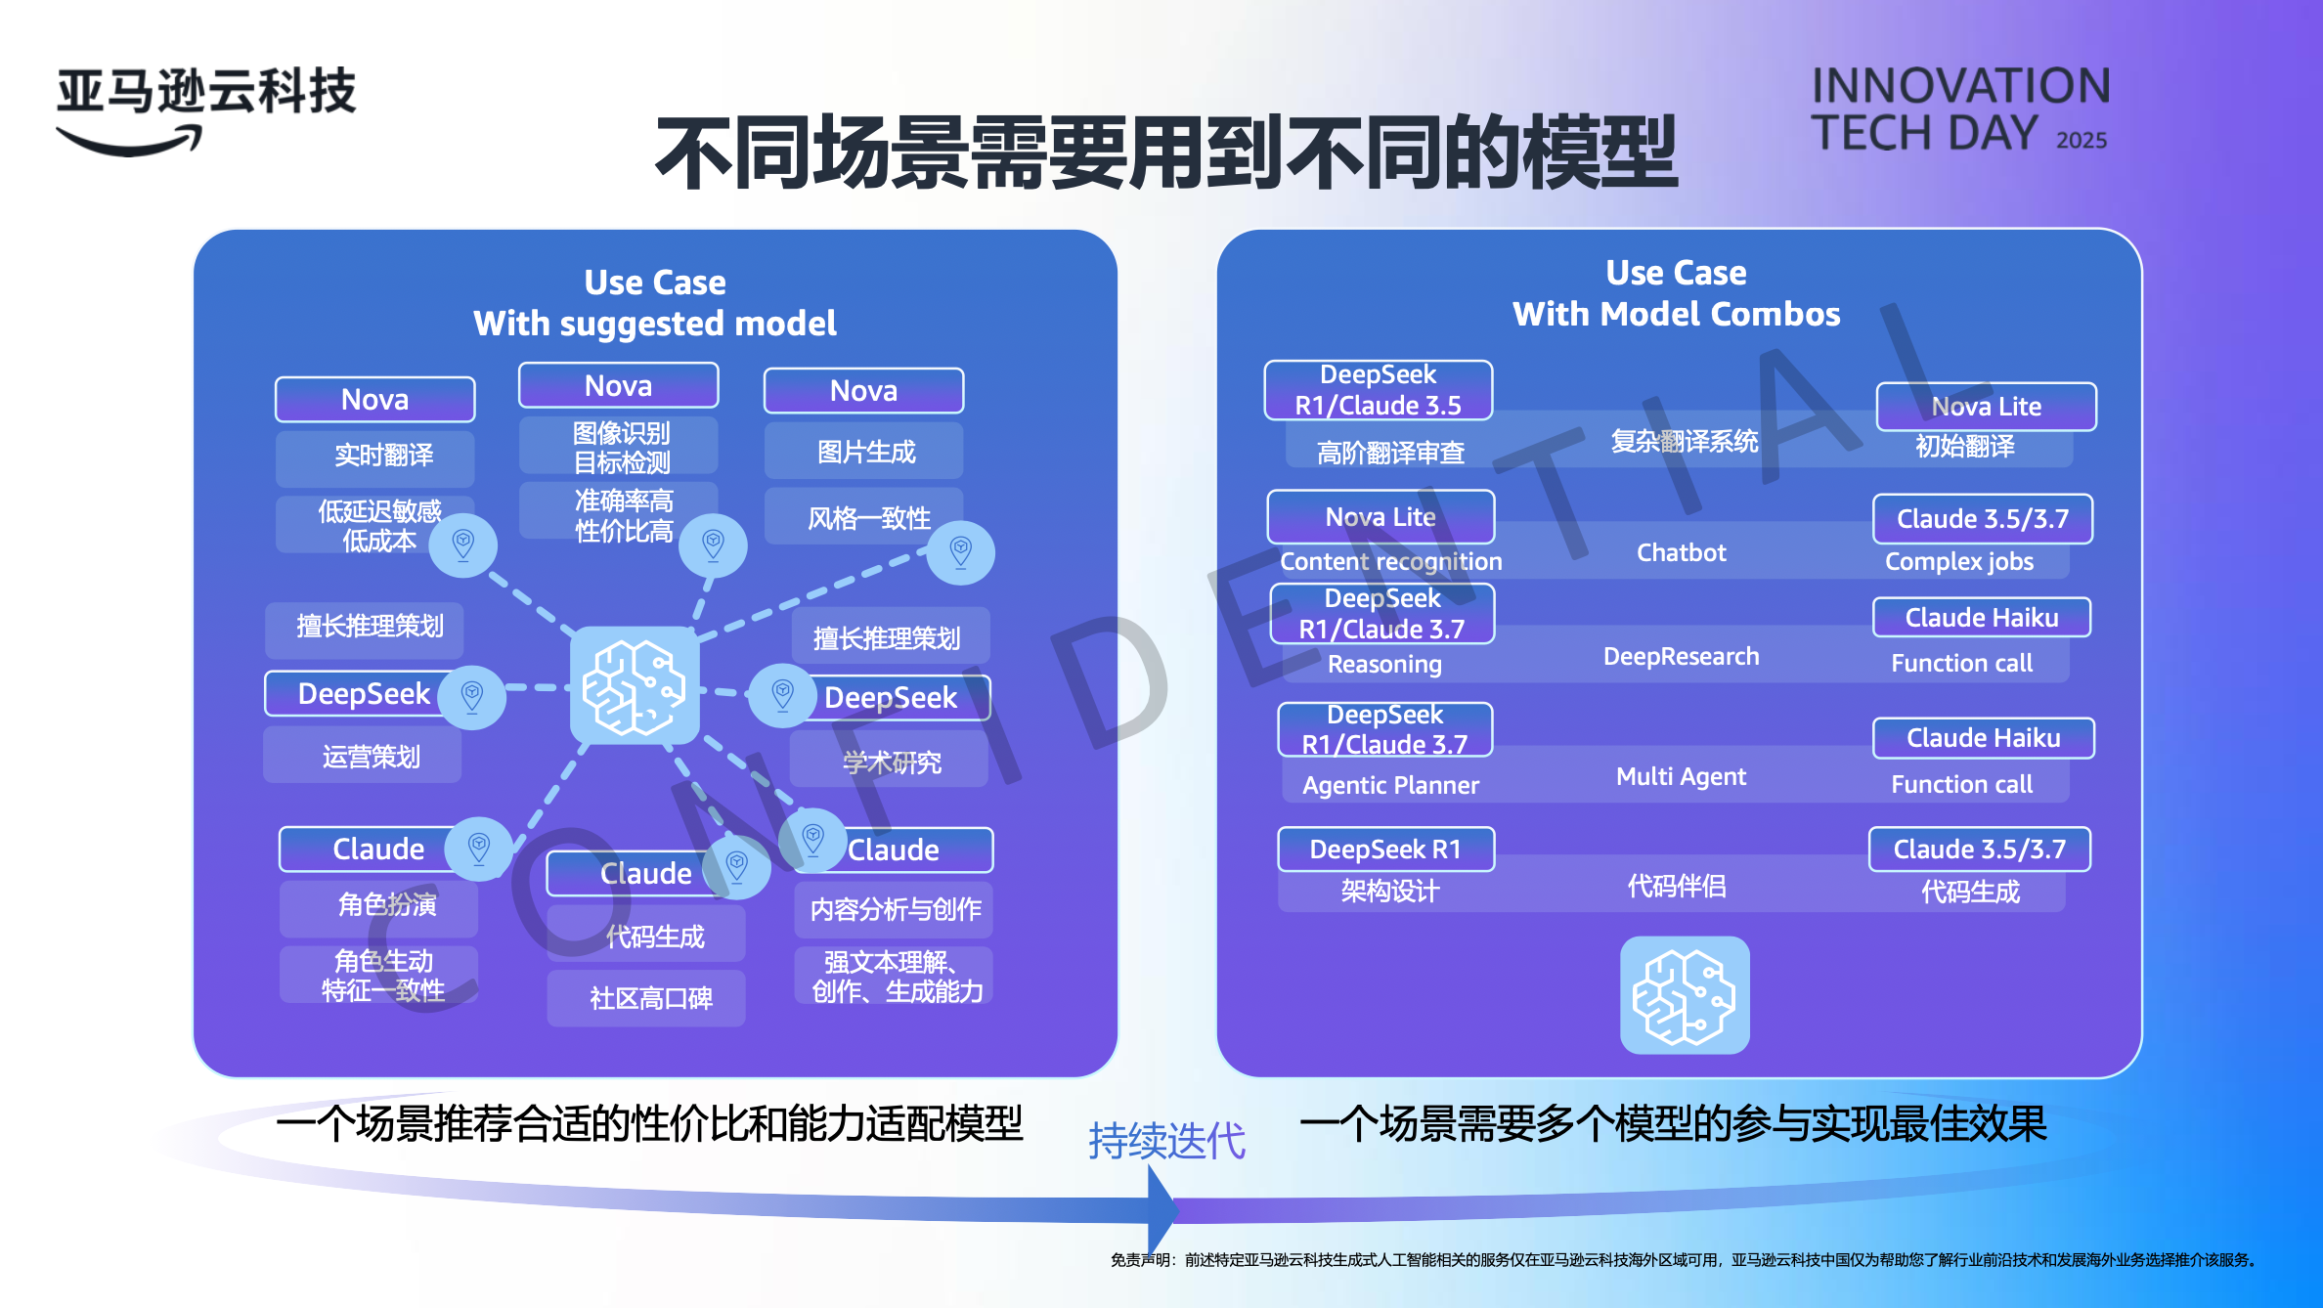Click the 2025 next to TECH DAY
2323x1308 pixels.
(x=2081, y=141)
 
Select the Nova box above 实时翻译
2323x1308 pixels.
(x=374, y=400)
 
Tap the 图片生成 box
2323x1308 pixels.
(x=864, y=452)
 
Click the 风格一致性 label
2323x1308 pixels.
(x=867, y=517)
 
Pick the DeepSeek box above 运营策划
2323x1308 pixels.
(x=363, y=694)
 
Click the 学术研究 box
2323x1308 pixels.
(x=890, y=763)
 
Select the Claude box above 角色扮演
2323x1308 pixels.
(x=377, y=849)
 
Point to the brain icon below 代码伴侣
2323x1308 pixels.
(x=1684, y=995)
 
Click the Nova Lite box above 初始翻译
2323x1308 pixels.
(x=1986, y=407)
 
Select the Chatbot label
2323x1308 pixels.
(x=1681, y=553)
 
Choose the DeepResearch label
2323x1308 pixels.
(x=1681, y=657)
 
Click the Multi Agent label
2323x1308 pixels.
(x=1681, y=777)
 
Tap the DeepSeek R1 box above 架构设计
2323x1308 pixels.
(x=1385, y=850)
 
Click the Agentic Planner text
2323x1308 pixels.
(x=1390, y=785)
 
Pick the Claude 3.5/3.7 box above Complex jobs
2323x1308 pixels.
(x=1982, y=519)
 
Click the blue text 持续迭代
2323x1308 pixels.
(x=1166, y=1141)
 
